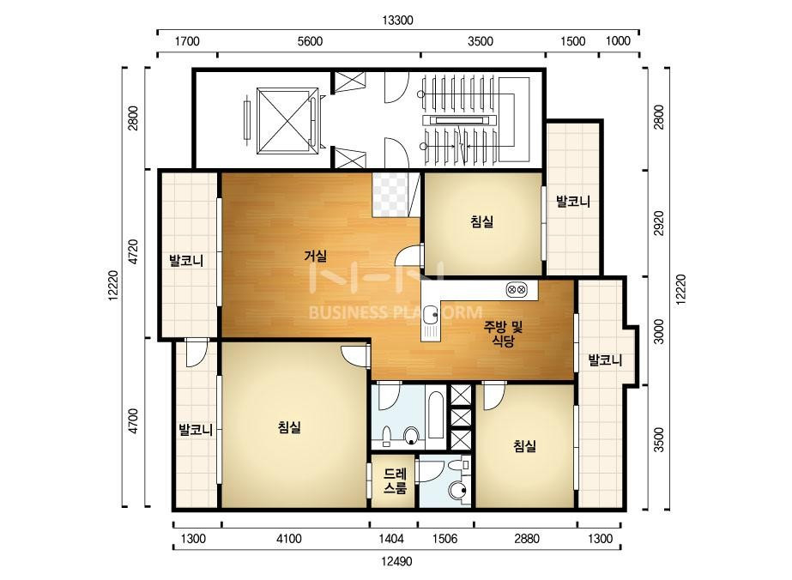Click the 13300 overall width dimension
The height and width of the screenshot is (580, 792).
397,21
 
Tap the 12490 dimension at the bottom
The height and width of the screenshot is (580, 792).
396,561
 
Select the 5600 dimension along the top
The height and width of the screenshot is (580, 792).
310,41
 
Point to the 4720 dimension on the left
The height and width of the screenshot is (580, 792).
133,252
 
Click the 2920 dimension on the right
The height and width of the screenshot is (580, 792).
659,223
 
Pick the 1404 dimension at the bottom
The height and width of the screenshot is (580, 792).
391,539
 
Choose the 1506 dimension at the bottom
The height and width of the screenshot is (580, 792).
445,539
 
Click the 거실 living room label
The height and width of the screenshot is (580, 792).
315,257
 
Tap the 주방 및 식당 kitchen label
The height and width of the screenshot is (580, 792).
503,334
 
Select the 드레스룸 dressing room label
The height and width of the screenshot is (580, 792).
395,481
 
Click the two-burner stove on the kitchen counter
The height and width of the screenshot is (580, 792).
517,290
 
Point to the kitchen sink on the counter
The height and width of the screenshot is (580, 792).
431,315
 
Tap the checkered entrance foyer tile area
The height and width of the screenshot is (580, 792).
390,195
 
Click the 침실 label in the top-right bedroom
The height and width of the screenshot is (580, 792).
482,221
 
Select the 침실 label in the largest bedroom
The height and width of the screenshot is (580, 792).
289,427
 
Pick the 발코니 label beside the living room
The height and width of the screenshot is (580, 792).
186,261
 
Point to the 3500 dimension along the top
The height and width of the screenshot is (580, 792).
481,41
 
